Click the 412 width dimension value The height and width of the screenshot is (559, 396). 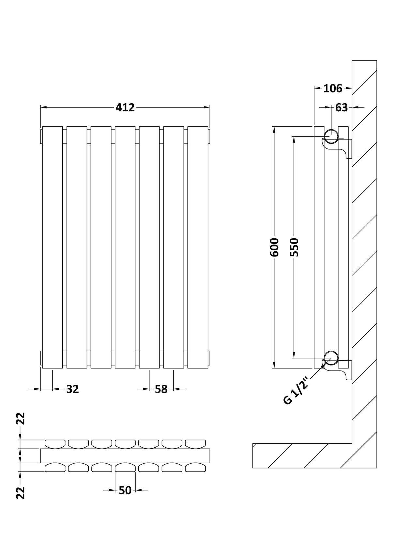pos(125,107)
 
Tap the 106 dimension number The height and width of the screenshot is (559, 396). pos(333,88)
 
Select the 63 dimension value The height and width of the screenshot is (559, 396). pos(341,107)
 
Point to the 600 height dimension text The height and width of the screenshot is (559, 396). pos(275,247)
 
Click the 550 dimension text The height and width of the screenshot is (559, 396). pos(294,247)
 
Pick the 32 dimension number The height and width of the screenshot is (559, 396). pos(72,389)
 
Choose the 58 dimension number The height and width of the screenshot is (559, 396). pos(161,389)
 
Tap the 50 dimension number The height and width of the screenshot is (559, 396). pos(125,490)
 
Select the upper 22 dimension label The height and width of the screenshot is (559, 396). pos(21,419)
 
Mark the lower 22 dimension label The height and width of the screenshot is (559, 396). pos(21,493)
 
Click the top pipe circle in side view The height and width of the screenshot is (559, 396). pos(331,136)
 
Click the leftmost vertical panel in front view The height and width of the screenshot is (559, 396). pos(53,247)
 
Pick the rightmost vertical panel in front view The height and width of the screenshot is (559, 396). pos(198,247)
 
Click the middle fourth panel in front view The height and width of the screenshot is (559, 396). pos(125,247)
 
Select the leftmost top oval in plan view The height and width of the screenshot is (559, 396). pos(55,443)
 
